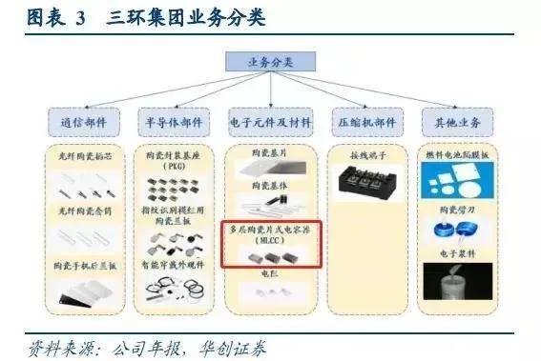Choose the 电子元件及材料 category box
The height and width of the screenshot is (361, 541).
pyautogui.click(x=271, y=123)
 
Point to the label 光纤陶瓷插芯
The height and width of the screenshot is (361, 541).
pyautogui.click(x=89, y=153)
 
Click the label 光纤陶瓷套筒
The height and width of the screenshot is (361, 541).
pyautogui.click(x=89, y=210)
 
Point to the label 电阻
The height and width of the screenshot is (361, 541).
pyautogui.click(x=270, y=272)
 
